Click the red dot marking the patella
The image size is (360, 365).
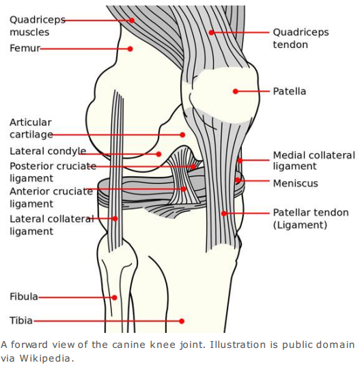click(236, 92)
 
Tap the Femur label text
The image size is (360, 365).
click(25, 48)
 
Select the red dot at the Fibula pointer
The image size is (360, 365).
click(114, 297)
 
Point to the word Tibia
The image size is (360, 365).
click(21, 321)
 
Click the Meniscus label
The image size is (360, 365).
click(296, 183)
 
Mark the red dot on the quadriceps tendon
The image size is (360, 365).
click(211, 32)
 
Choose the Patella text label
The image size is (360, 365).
click(290, 92)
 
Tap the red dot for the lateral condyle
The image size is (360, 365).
click(158, 154)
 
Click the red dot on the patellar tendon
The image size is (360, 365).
click(223, 213)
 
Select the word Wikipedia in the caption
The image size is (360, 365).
click(44, 358)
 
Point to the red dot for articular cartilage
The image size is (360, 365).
click(182, 135)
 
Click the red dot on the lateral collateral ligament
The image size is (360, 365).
click(115, 219)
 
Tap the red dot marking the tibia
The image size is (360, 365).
click(182, 321)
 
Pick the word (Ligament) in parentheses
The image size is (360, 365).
click(300, 225)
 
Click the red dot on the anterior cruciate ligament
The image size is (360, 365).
click(184, 189)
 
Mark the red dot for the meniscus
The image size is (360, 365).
click(237, 180)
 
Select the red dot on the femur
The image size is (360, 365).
click(130, 49)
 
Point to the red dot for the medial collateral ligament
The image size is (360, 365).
click(240, 161)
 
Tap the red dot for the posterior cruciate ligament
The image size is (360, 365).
click(193, 167)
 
